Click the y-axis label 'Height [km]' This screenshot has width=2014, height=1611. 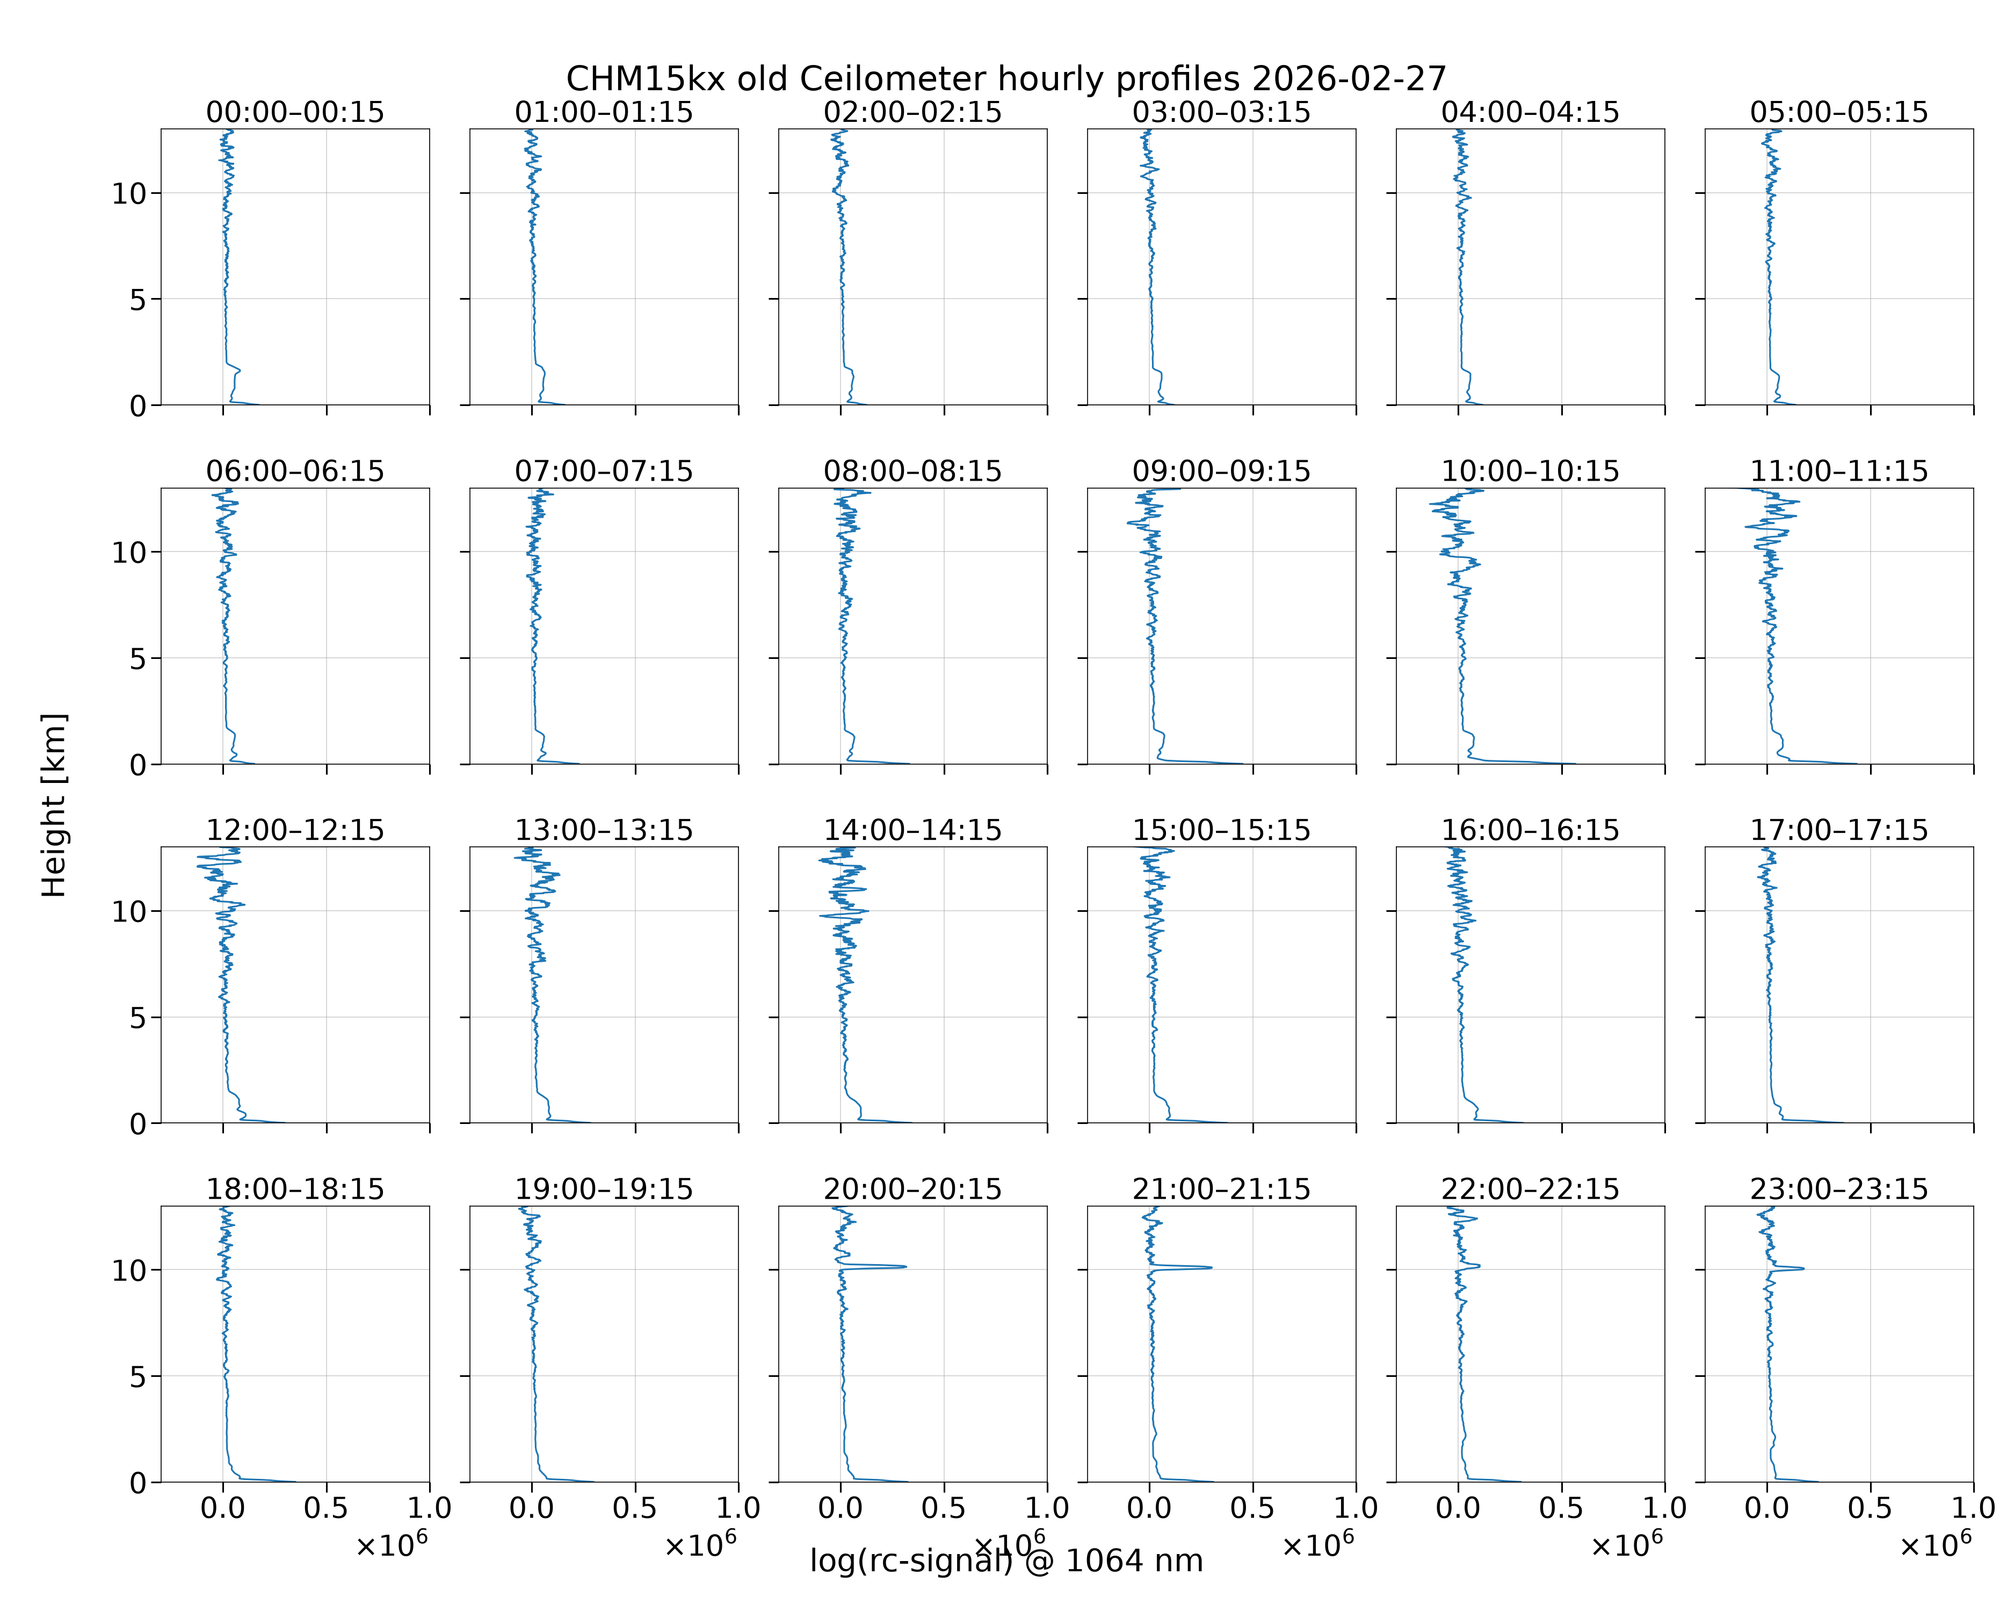click(x=54, y=805)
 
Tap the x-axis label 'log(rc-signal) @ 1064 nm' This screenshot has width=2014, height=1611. click(x=1006, y=1561)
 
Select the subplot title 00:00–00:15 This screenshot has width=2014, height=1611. click(x=295, y=112)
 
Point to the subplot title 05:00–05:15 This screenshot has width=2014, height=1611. click(x=1839, y=112)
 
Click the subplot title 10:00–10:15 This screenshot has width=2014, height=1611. click(x=1530, y=471)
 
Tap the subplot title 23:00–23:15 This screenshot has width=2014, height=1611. click(x=1839, y=1189)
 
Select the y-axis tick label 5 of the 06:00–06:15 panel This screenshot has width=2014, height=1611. click(x=138, y=658)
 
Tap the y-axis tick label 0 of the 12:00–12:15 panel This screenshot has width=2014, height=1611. click(x=138, y=1123)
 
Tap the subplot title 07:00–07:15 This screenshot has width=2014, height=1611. click(x=604, y=471)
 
